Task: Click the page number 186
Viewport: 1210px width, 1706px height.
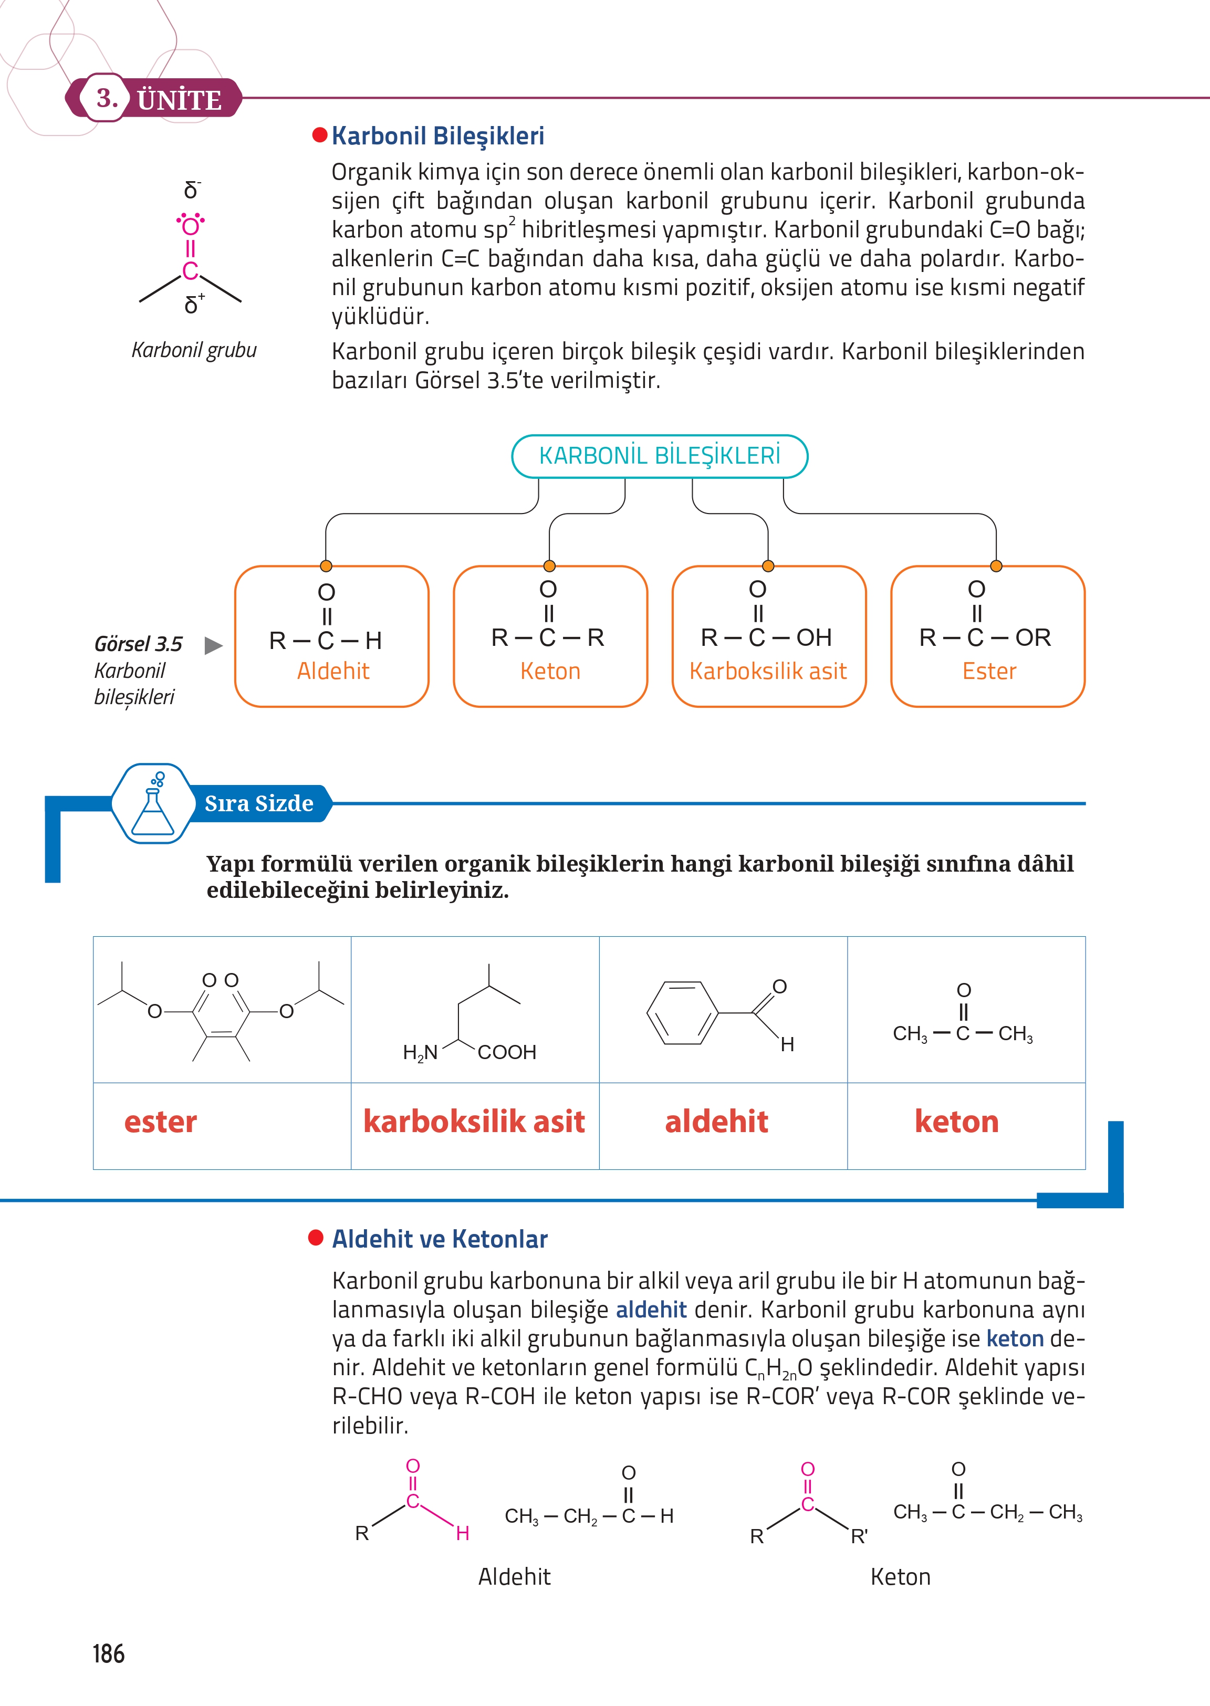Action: (x=109, y=1654)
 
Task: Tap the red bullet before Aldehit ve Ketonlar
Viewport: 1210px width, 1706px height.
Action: (x=316, y=1238)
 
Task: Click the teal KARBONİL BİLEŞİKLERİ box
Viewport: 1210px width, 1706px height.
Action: (x=660, y=456)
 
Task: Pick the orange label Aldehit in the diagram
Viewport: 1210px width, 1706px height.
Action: (x=333, y=671)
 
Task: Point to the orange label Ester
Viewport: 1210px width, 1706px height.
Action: (x=989, y=671)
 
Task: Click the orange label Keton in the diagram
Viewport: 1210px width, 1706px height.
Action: (x=550, y=671)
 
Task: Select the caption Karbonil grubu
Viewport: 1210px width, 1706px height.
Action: (x=194, y=350)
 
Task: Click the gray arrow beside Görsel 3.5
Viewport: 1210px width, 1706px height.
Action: (x=213, y=645)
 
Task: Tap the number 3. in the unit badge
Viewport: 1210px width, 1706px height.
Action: (x=107, y=98)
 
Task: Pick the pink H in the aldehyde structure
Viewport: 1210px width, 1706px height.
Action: (x=463, y=1533)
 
